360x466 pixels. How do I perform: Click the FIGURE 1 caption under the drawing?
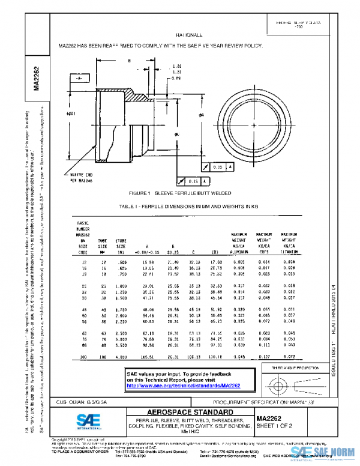click(180, 195)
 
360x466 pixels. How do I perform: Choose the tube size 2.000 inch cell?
click(121, 314)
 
